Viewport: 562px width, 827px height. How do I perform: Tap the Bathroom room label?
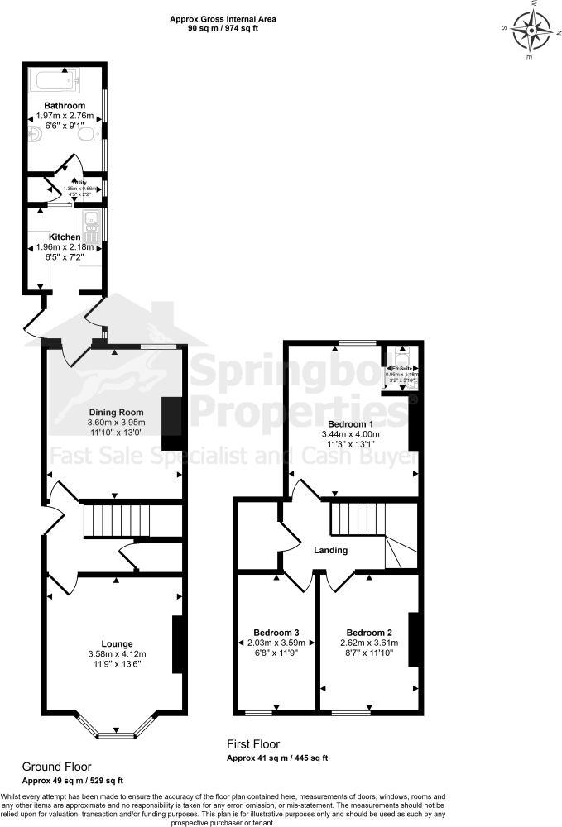tap(65, 106)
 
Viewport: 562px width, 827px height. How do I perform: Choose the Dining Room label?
tap(116, 412)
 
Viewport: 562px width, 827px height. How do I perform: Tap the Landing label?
tap(330, 550)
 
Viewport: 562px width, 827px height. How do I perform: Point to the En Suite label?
tap(401, 366)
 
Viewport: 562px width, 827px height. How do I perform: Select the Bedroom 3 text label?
tap(273, 632)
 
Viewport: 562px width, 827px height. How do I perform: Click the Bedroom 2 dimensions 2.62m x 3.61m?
tap(365, 643)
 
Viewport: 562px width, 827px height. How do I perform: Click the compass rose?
tap(530, 31)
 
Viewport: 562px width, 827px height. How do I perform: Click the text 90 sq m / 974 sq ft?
tap(223, 27)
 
